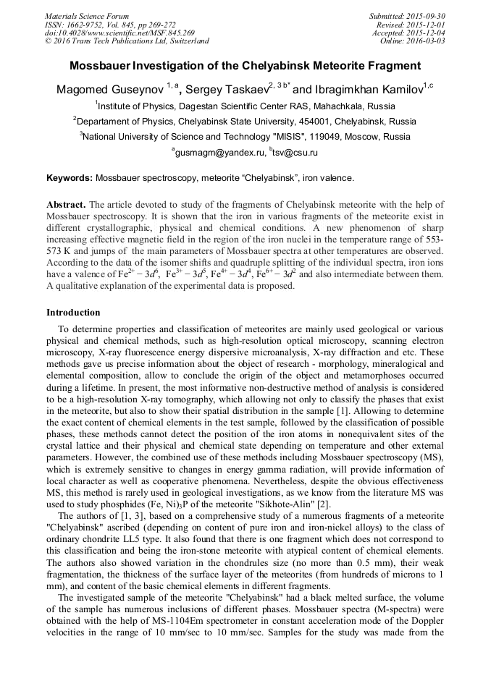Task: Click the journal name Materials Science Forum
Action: click(x=87, y=16)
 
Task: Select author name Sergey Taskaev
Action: click(x=226, y=90)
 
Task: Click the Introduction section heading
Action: click(x=73, y=313)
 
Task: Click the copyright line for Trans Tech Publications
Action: click(x=127, y=41)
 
